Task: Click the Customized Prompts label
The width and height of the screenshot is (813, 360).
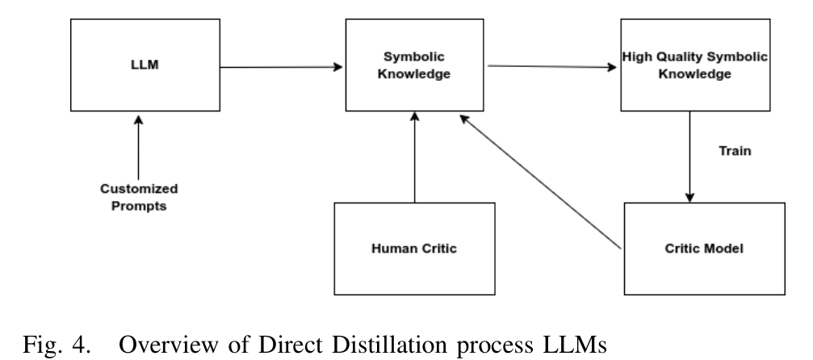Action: point(139,197)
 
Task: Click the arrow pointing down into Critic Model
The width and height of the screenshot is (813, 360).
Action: point(689,157)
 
